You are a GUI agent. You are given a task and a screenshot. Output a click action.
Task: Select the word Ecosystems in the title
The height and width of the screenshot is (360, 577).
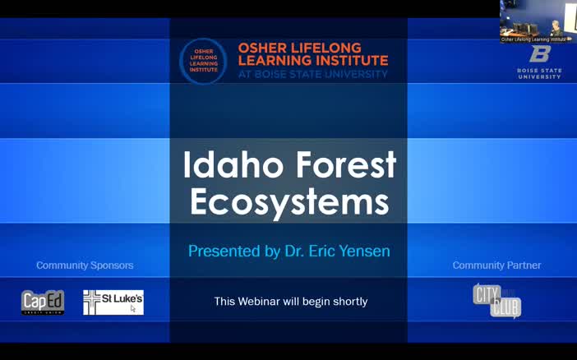click(x=288, y=202)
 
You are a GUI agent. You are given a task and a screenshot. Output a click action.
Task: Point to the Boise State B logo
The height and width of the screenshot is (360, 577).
click(x=539, y=54)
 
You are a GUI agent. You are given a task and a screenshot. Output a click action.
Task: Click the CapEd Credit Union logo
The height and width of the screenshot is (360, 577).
click(x=43, y=302)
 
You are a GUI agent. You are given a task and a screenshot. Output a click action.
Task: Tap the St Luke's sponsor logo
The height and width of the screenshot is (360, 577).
click(x=113, y=302)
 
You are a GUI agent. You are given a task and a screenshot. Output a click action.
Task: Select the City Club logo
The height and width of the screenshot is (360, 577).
click(x=496, y=300)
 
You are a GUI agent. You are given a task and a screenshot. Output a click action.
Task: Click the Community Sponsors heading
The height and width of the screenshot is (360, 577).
click(x=85, y=265)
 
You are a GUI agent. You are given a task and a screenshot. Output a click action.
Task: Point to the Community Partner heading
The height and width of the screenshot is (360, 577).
click(x=496, y=265)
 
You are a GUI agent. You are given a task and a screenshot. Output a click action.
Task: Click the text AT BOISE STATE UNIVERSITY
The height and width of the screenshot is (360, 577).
click(x=312, y=74)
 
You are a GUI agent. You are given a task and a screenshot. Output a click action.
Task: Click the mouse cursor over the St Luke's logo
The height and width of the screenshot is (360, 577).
click(x=132, y=309)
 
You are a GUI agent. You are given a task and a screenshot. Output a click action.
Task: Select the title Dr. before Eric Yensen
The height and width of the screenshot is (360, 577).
click(x=292, y=251)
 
